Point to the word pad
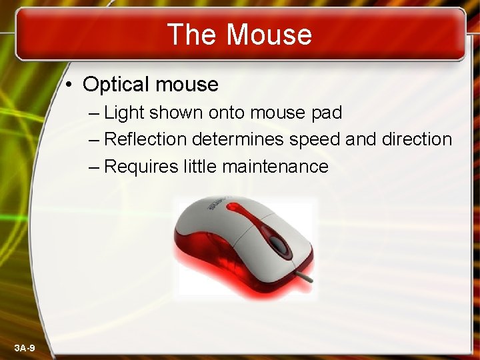point(327,113)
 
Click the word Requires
point(141,167)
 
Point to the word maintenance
point(275,166)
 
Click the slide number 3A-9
point(25,348)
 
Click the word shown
point(176,113)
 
